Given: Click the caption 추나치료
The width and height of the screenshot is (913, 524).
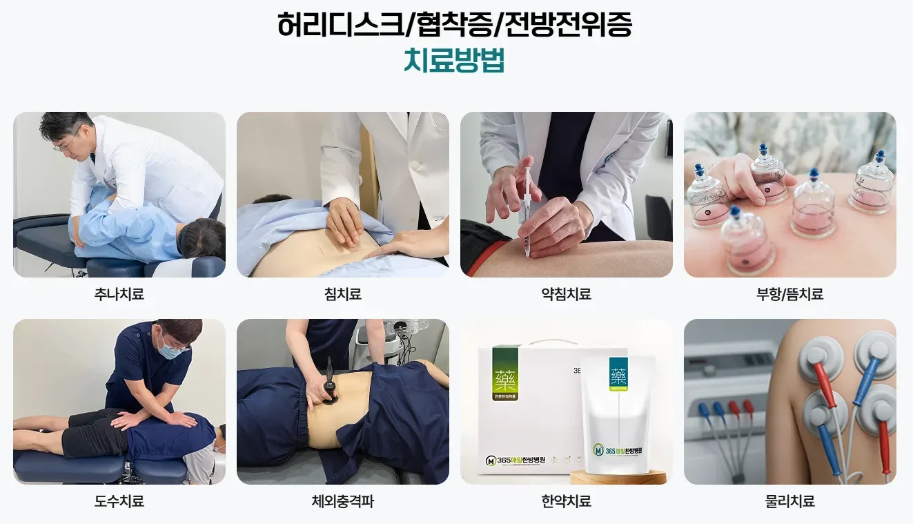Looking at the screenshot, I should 119,294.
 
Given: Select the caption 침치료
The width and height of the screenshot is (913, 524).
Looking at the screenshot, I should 343,294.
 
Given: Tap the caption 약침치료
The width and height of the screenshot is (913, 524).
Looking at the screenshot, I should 566,294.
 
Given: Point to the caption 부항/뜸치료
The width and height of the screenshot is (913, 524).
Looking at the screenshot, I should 789,294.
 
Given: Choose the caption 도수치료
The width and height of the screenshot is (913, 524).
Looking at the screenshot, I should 119,501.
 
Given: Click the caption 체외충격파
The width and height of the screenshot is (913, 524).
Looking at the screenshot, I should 343,501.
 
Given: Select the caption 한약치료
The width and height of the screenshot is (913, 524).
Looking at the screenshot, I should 566,501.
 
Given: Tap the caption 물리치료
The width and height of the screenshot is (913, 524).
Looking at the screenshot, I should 789,501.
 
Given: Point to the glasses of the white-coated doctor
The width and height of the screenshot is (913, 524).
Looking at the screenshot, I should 63,144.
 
